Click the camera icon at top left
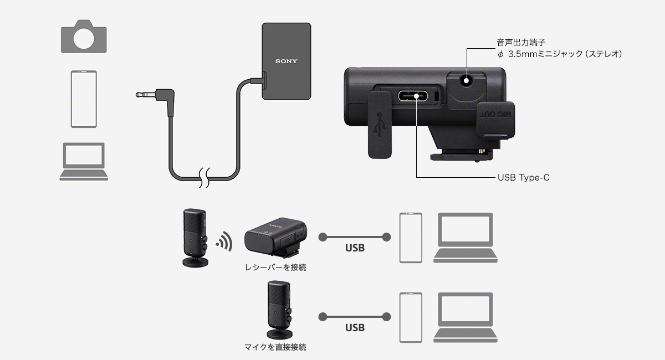tap(83, 36)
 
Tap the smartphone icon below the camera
tap(84, 99)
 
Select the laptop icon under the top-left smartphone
tap(84, 161)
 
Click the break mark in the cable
tap(205, 177)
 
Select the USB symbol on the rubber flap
tap(380, 124)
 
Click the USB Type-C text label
tap(523, 178)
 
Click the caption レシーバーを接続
tap(275, 268)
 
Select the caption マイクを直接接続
tap(275, 348)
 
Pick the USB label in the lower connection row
tap(355, 328)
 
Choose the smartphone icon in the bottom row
tap(411, 317)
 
